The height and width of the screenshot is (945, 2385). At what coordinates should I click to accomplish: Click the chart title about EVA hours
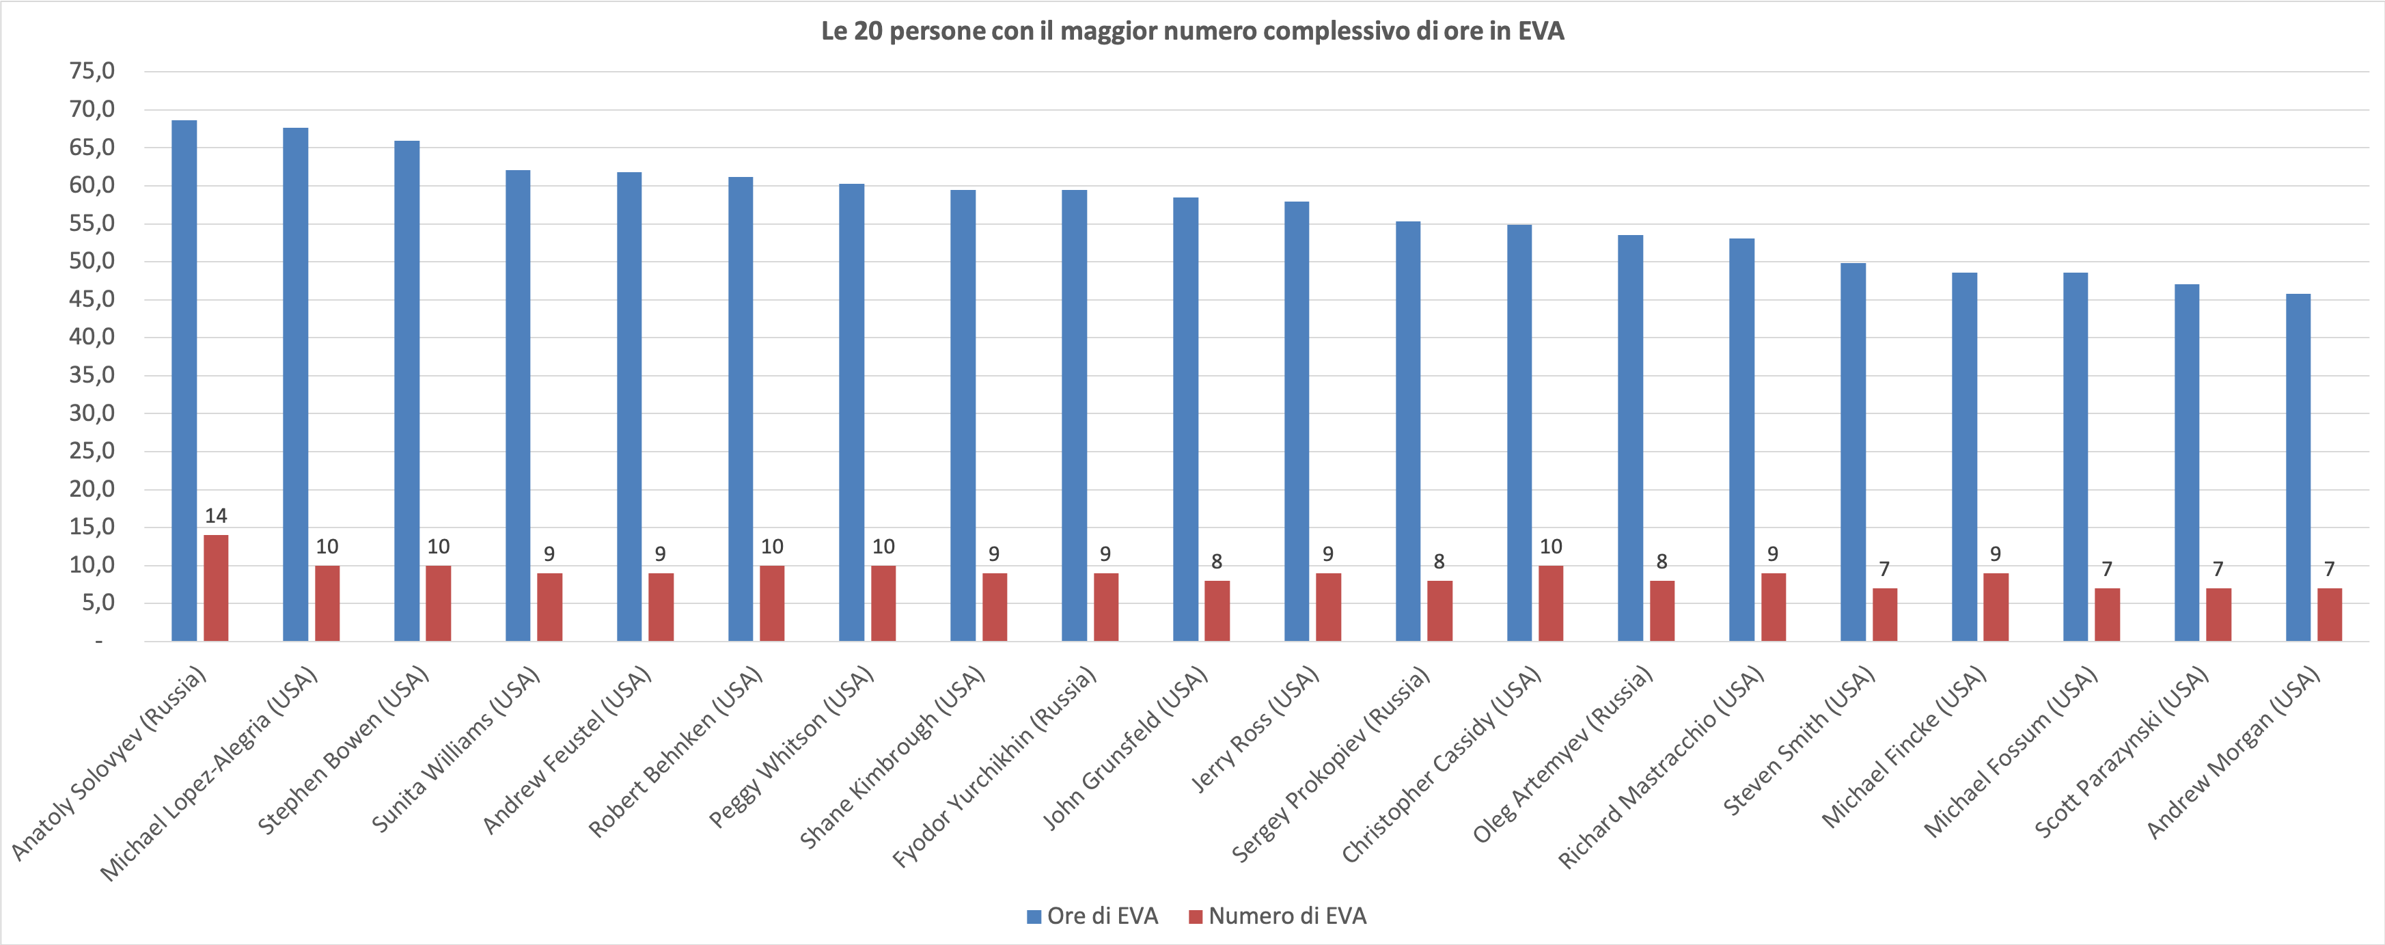click(1193, 31)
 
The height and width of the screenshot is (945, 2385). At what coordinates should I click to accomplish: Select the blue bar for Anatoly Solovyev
click(184, 379)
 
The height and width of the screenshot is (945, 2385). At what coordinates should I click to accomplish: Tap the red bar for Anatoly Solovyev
click(216, 588)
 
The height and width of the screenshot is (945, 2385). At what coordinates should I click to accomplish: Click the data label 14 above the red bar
click(216, 515)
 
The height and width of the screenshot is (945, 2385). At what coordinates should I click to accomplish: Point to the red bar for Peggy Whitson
click(883, 603)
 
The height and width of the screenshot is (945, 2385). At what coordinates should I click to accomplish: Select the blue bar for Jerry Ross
click(1297, 421)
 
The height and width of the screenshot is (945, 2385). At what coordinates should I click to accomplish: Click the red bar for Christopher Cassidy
click(1551, 603)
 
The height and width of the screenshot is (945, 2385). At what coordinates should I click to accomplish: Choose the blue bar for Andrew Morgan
click(2298, 467)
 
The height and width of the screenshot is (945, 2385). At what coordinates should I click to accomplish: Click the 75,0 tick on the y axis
click(92, 71)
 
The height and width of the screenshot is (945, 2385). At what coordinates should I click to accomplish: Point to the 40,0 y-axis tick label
click(92, 337)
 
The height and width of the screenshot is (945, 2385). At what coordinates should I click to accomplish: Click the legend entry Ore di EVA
click(1092, 916)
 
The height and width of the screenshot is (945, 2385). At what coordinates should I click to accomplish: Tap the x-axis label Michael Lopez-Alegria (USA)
click(209, 773)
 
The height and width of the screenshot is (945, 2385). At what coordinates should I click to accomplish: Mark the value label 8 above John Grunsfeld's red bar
click(1217, 562)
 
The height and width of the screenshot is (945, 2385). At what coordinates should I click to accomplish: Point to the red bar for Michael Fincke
click(1996, 606)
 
